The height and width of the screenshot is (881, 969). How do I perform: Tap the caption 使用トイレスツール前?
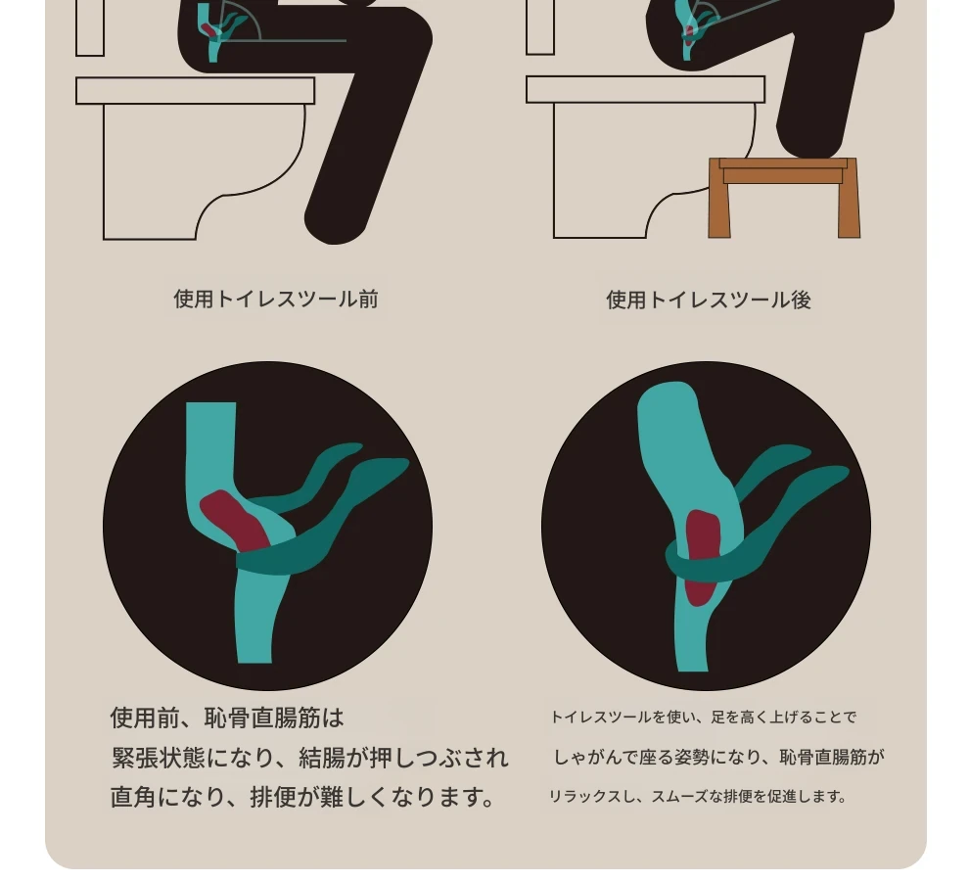pos(276,300)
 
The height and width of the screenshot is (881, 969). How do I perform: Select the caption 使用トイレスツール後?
pos(709,300)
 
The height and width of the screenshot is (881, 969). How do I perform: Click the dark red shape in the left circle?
pos(235,521)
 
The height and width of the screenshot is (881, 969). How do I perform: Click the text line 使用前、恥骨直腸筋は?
pos(227,718)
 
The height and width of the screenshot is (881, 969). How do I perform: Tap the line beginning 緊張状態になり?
pos(310,758)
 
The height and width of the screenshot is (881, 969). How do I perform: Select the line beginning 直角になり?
pos(302,797)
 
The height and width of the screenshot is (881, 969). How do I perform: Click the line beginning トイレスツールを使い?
pos(704,718)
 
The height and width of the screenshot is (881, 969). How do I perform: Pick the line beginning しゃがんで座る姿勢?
pos(718,757)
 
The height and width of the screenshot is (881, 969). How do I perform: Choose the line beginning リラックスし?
pos(698,796)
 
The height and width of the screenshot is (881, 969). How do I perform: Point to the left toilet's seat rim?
pos(196,91)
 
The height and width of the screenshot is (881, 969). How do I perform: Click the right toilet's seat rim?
pos(646,90)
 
